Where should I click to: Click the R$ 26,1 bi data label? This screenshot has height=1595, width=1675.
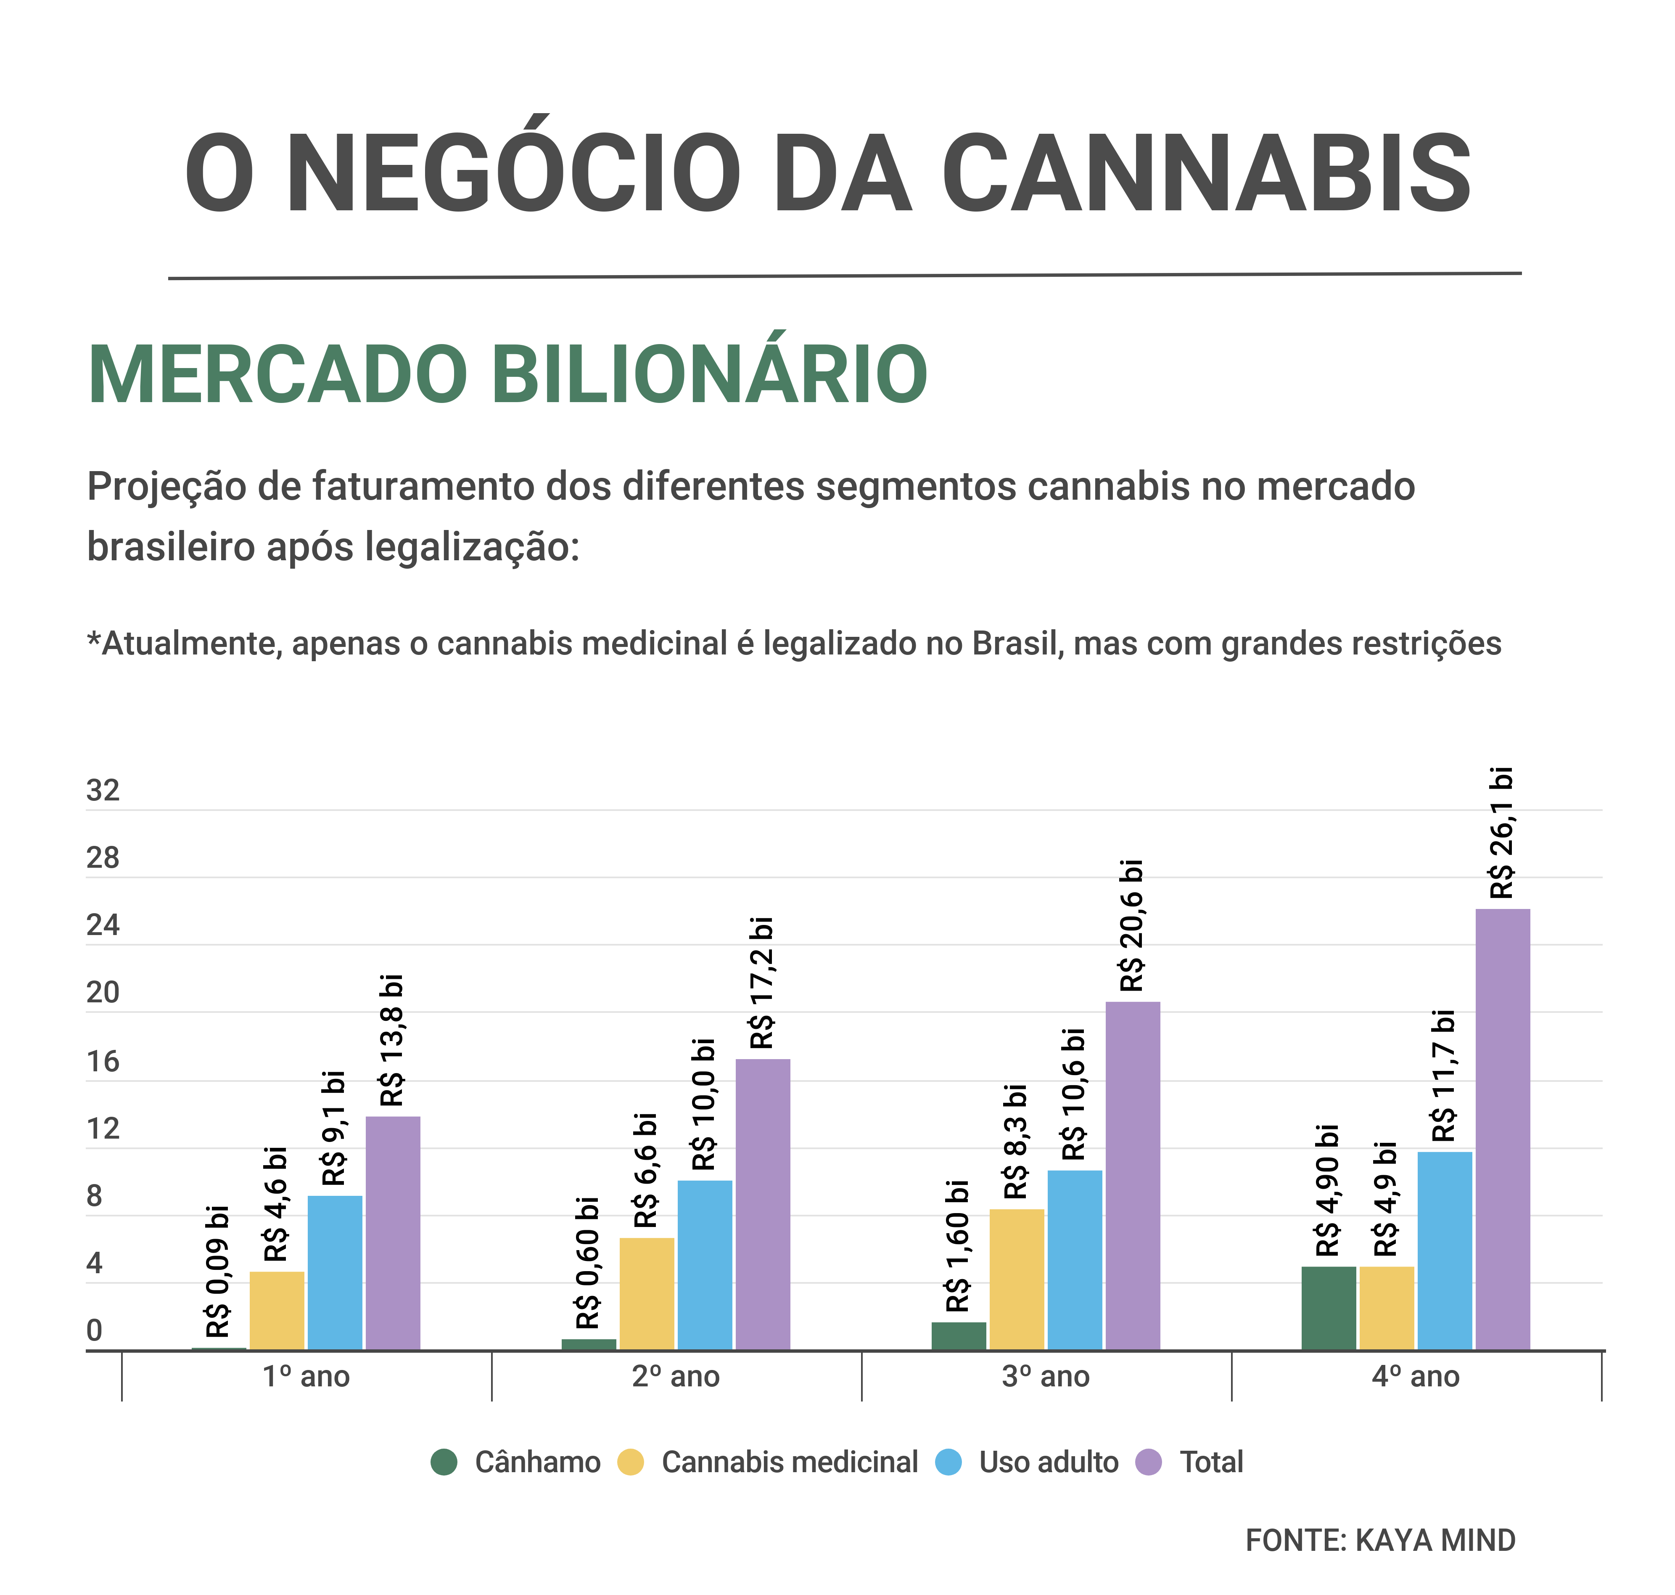click(1502, 833)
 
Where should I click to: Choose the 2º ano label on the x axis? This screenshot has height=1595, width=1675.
click(676, 1377)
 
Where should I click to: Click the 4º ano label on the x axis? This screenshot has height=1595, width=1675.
click(1415, 1377)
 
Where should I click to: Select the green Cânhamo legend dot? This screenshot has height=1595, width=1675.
click(444, 1463)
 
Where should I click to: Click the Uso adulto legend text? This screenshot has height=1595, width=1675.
click(1049, 1463)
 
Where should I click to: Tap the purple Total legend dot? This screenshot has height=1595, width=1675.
click(1148, 1463)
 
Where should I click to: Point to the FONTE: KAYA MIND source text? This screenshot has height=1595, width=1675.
click(1380, 1541)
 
